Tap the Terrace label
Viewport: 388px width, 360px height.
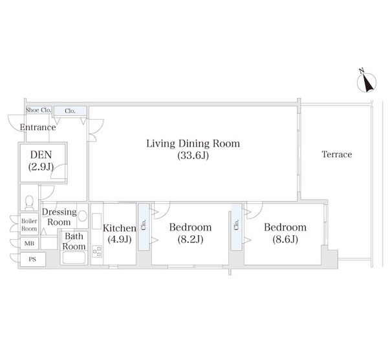[337, 154]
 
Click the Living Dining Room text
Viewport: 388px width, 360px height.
[193, 143]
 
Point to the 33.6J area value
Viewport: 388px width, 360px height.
[193, 156]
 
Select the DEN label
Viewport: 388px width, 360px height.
[41, 154]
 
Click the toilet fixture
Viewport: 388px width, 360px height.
[29, 202]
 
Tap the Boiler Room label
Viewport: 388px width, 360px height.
[29, 225]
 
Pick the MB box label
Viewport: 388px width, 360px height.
[29, 244]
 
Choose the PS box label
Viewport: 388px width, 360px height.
[32, 259]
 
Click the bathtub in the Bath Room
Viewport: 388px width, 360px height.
[74, 258]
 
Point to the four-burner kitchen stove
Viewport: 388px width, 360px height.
[97, 251]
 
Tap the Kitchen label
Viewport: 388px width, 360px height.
[120, 228]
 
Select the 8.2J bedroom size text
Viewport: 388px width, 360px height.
[190, 239]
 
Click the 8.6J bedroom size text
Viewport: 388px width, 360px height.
[285, 239]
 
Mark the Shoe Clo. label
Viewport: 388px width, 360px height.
[39, 110]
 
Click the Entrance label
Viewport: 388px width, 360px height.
[38, 127]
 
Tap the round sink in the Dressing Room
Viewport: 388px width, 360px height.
[82, 216]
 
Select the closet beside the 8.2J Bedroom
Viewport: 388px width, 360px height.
[144, 227]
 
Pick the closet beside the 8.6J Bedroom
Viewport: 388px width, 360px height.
[237, 227]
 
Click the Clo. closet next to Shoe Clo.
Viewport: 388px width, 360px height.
[70, 111]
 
